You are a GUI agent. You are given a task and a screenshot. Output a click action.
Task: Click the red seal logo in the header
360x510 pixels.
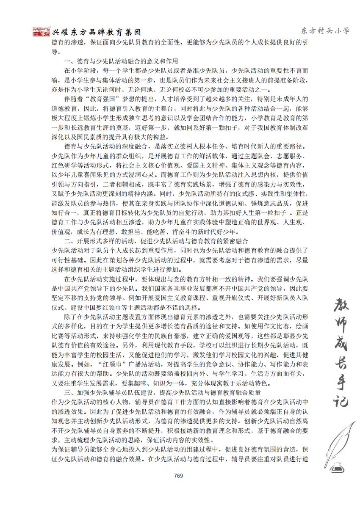click(41, 32)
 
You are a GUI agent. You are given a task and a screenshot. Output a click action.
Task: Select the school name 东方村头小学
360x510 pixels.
click(325, 31)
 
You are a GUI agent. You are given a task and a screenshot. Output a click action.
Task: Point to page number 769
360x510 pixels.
click(178, 476)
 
